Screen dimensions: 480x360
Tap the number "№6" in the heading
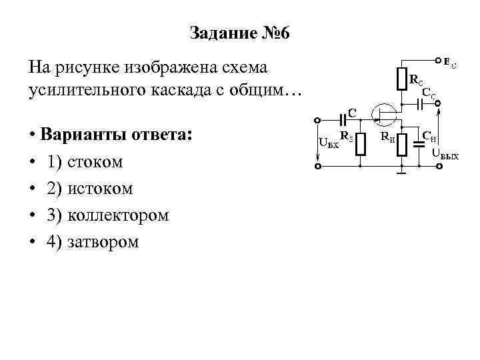[275, 33]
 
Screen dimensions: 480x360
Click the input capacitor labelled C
[344, 120]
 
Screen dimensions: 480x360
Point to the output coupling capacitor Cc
[418, 105]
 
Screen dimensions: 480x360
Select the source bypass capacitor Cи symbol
[418, 144]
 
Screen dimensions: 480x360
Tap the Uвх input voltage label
[329, 143]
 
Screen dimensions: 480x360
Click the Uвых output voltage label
[445, 155]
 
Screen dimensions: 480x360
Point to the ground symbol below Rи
[401, 174]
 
